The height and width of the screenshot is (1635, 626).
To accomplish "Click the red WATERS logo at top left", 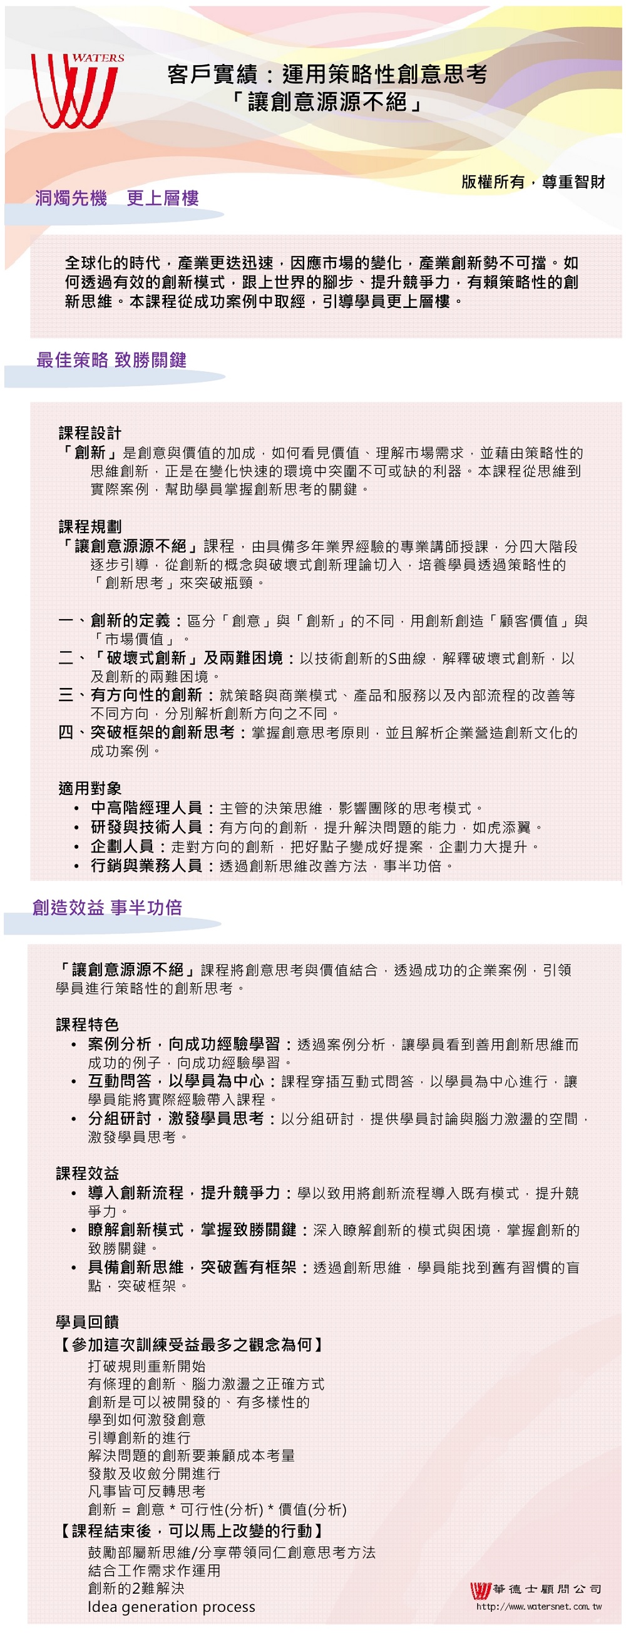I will click(x=76, y=90).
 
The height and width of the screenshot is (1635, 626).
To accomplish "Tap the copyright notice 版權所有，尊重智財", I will click(x=533, y=182).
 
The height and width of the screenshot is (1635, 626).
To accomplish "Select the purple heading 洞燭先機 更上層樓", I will click(x=117, y=198).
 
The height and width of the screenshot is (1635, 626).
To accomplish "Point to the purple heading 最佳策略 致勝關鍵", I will click(x=111, y=360).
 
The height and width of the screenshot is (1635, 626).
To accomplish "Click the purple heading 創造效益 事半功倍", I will click(x=106, y=908).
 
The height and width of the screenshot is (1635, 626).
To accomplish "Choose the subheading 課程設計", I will click(x=90, y=434).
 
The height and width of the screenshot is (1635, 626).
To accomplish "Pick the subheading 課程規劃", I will click(x=90, y=527).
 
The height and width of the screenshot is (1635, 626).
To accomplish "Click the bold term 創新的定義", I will click(x=130, y=621).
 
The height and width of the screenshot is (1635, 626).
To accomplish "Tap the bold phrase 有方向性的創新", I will click(x=146, y=695).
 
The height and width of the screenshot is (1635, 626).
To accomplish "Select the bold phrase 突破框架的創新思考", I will click(x=163, y=732).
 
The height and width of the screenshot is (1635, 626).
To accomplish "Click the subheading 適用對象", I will click(x=90, y=788).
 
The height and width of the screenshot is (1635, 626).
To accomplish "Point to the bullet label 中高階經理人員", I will click(x=146, y=808).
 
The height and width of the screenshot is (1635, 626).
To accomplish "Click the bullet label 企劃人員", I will click(x=123, y=847).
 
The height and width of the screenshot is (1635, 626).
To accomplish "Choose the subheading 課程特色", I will click(x=87, y=1025).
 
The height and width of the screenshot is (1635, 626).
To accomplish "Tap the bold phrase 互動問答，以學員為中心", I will click(x=176, y=1081).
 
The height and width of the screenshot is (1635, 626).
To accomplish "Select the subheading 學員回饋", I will click(x=87, y=1322).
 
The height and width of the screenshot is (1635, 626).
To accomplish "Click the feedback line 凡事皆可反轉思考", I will click(x=146, y=1491).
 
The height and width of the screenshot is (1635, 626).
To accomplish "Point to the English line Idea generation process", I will click(x=172, y=1606).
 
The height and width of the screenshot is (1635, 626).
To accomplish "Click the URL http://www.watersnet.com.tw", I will click(x=538, y=1606).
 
